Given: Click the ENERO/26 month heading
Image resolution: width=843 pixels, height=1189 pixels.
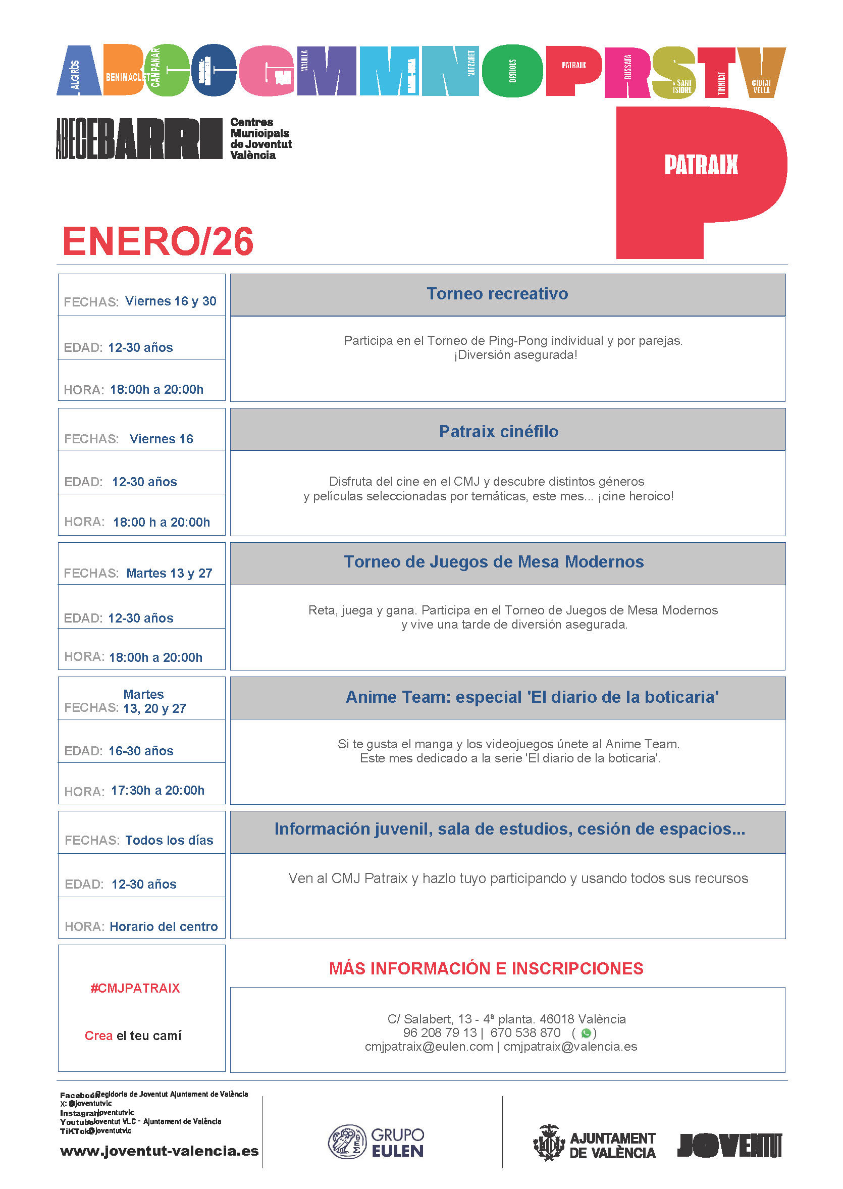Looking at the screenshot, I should pos(158,241).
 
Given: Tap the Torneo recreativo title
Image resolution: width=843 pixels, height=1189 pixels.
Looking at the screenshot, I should pos(497,294).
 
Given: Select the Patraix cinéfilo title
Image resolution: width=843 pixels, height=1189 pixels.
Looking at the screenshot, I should pos(498,432).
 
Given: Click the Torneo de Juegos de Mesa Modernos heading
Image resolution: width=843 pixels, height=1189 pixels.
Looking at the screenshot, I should pos(494,562).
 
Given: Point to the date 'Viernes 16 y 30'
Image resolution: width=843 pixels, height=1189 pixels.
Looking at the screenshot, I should pos(171,301).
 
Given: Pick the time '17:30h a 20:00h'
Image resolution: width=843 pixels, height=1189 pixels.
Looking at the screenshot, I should pos(158,791).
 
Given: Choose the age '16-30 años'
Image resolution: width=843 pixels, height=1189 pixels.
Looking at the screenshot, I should pos(141,751).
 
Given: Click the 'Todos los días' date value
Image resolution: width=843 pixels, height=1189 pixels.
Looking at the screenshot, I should pos(169,840).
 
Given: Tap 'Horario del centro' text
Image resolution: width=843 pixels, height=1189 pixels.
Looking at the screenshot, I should pos(164,927).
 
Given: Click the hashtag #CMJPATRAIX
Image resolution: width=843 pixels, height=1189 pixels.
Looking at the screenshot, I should pos(135,988).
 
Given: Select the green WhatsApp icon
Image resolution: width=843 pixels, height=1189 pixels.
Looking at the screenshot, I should pos(586,1032).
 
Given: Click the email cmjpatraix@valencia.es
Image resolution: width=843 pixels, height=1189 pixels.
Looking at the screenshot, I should pos(570,1047).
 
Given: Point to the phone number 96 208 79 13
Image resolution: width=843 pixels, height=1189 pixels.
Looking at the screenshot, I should pos(440,1032).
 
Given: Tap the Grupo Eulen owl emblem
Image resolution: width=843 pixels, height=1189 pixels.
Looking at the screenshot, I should pos(347,1142).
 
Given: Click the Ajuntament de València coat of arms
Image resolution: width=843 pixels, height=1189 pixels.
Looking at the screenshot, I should pos(549,1142).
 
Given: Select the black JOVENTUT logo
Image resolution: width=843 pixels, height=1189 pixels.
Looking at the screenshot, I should pos(729,1146).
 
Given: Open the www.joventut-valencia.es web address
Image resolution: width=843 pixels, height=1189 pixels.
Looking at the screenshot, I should pos(160,1151).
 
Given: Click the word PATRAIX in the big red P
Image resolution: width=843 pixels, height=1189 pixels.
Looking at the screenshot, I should pos(701,165).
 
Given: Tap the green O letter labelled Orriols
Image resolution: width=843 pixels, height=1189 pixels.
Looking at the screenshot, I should pos(512,71).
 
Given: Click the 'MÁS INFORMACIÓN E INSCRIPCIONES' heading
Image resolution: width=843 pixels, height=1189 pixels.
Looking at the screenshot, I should pos(486,969).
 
